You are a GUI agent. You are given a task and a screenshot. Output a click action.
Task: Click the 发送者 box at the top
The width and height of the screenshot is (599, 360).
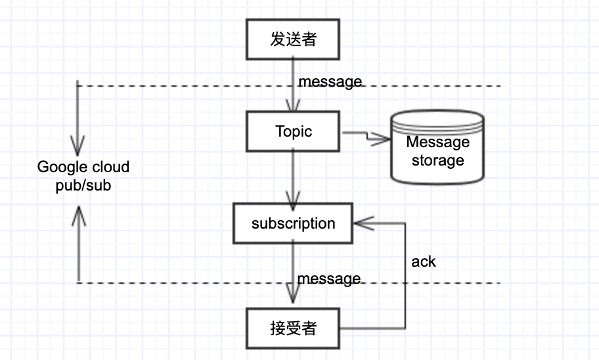click(x=293, y=39)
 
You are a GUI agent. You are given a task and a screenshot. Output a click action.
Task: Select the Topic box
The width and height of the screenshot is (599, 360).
click(x=293, y=131)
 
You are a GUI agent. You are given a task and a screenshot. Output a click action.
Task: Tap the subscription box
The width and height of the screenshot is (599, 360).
click(x=293, y=223)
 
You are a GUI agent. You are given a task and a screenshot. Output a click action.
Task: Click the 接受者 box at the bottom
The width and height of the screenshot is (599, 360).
click(x=293, y=328)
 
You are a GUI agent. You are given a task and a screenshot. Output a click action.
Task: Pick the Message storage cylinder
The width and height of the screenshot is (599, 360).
click(x=437, y=148)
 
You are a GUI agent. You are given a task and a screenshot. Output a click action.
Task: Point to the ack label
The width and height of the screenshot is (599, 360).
click(x=424, y=261)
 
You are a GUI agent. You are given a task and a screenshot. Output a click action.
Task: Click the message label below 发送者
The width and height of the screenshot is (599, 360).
click(x=330, y=81)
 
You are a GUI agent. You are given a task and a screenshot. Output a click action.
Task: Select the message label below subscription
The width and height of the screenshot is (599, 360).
click(x=328, y=279)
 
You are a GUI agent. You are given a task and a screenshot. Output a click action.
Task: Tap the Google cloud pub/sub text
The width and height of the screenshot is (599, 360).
click(x=83, y=176)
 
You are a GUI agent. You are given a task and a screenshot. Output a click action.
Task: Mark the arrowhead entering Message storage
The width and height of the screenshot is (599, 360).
click(x=382, y=138)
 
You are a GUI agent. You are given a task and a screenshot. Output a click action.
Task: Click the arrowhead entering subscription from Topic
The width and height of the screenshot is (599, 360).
click(x=293, y=198)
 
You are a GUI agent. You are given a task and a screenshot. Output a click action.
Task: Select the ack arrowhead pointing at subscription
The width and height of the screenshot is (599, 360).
click(x=361, y=223)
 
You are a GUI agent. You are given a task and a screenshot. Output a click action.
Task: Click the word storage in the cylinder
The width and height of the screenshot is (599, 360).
click(x=437, y=160)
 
